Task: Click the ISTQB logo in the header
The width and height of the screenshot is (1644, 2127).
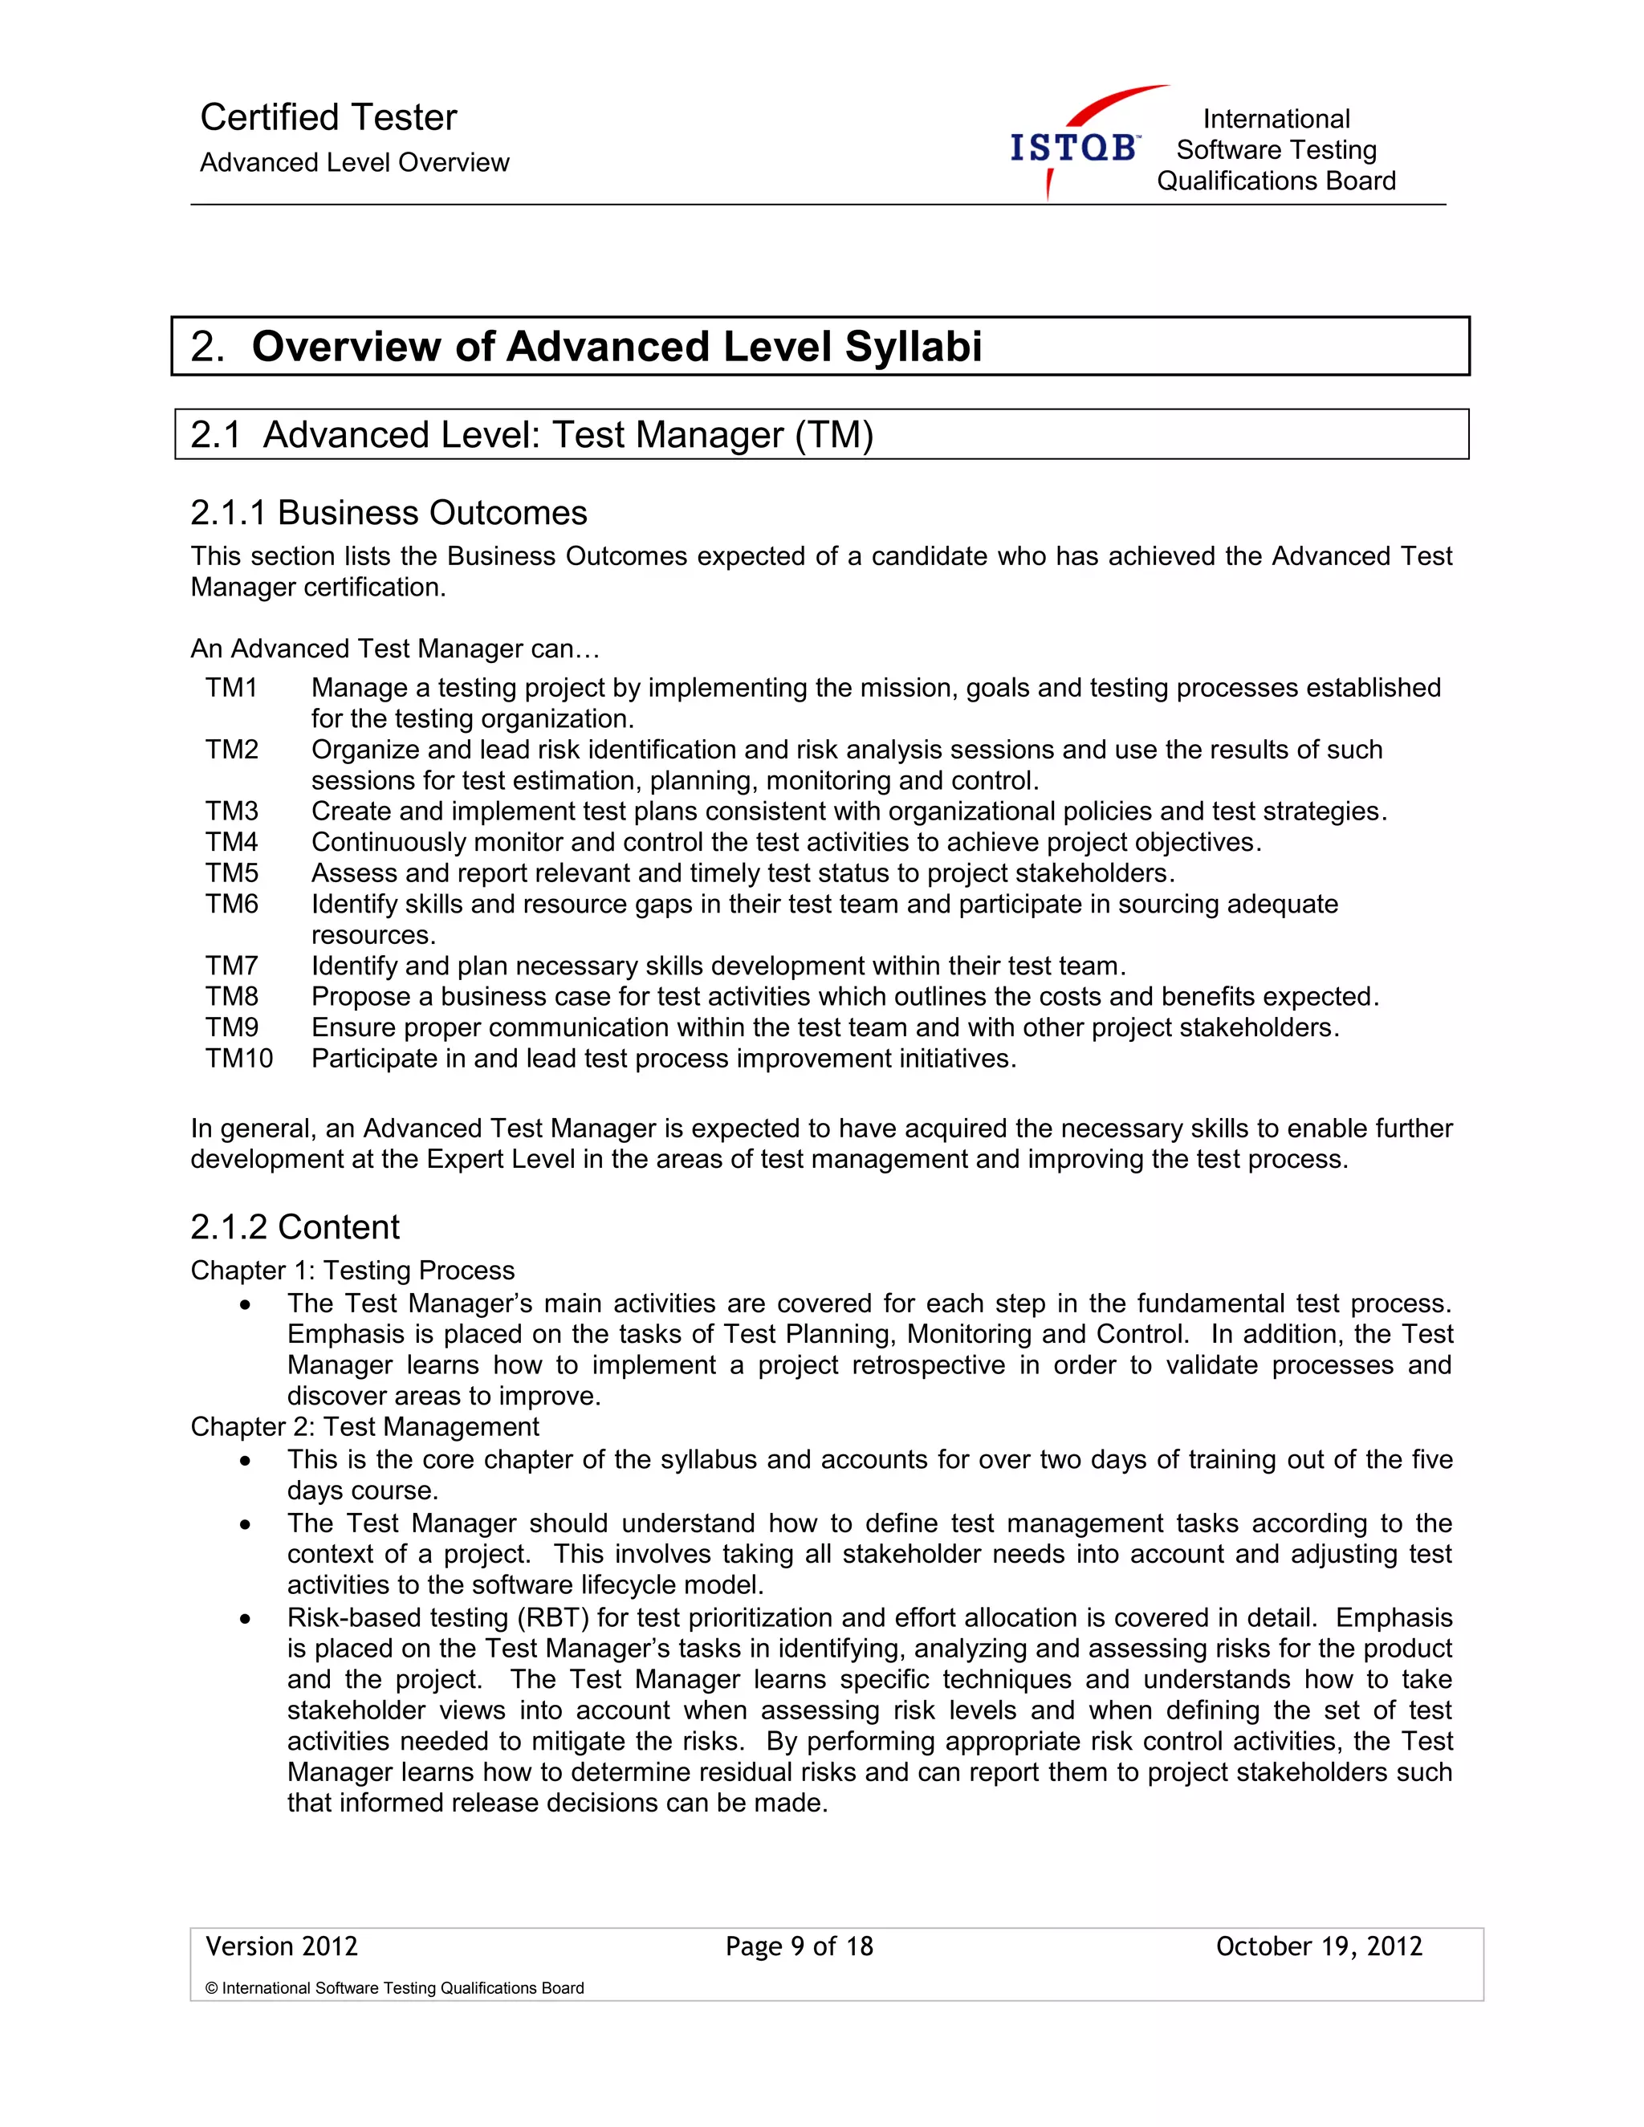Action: [x=1076, y=146]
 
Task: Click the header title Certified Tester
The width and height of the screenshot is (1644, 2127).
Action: [x=328, y=118]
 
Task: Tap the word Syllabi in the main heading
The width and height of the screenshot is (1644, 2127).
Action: [x=913, y=347]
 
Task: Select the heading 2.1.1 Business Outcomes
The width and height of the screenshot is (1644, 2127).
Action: [x=389, y=513]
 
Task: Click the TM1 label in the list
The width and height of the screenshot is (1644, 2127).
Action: [x=232, y=688]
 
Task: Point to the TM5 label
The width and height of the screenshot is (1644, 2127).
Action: [x=232, y=872]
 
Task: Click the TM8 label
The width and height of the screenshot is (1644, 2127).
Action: [x=232, y=996]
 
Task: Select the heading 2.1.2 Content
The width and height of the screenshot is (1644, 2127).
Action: [x=295, y=1227]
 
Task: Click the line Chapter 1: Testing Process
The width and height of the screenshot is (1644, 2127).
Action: [x=352, y=1270]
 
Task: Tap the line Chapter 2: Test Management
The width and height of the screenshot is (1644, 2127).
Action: [x=364, y=1427]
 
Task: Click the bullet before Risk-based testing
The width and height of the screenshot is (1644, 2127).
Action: [x=246, y=1620]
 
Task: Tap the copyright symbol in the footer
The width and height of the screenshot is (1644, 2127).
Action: [x=211, y=1989]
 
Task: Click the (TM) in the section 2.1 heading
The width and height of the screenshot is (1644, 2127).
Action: [x=834, y=434]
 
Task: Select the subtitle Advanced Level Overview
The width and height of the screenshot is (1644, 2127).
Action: [x=355, y=163]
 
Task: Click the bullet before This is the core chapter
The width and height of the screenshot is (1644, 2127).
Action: [x=246, y=1462]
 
